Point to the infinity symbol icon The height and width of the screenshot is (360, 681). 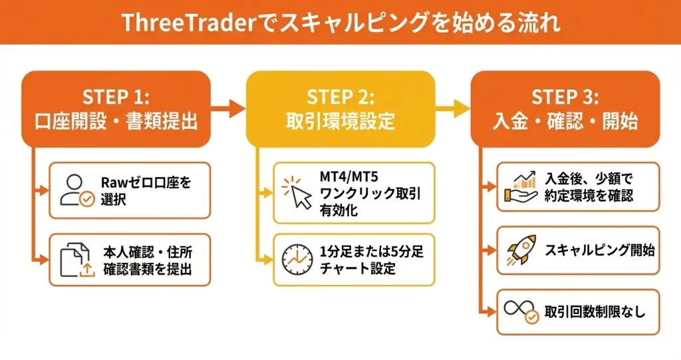click(523, 312)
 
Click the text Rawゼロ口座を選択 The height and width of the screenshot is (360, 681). click(146, 191)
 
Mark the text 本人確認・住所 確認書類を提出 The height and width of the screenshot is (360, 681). click(146, 261)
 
